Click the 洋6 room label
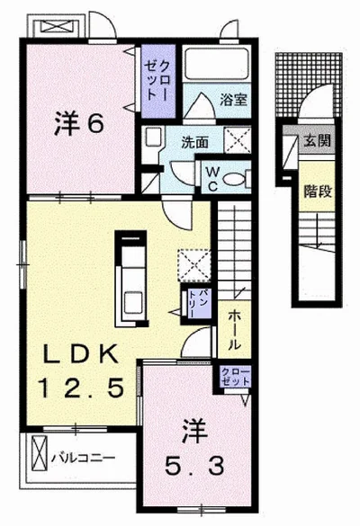tap(78, 123)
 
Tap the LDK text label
tap(81, 354)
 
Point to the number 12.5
tap(81, 388)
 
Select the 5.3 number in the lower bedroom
tap(194, 466)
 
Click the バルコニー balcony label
tap(84, 458)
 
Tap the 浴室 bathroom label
tap(234, 100)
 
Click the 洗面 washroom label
tap(194, 143)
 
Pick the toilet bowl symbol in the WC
tap(234, 178)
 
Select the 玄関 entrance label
tap(318, 141)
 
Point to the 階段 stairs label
tap(318, 192)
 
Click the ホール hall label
tap(235, 329)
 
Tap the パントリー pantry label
tap(196, 304)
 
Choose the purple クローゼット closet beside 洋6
tap(158, 82)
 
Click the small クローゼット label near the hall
tap(235, 377)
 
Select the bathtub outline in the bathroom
tap(217, 63)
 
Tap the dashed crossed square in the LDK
tap(194, 265)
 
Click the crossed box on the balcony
tap(40, 453)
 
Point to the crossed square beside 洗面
tap(238, 140)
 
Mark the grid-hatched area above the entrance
tap(309, 85)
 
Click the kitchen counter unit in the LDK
tap(131, 279)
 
